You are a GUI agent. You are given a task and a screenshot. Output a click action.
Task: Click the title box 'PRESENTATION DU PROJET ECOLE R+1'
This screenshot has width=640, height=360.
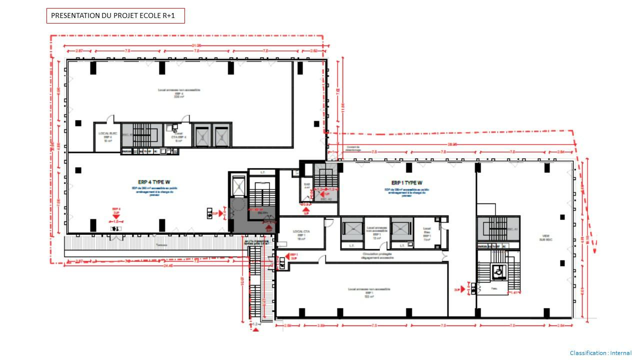coord(115,16)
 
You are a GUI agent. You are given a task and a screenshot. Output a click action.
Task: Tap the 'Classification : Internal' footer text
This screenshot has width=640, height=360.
coord(600,353)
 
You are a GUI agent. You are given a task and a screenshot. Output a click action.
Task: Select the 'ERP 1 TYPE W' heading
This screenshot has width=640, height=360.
coord(406,182)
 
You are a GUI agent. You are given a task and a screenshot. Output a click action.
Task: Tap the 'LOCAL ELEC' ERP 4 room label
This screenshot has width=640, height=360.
coord(106,136)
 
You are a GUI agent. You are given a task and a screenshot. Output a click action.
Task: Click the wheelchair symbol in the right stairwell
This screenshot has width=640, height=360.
coord(497,271)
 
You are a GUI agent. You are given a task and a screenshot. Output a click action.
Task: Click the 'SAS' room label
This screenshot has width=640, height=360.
coord(307,186)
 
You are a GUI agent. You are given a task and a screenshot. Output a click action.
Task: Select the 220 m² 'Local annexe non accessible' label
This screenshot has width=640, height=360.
coord(179,93)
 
